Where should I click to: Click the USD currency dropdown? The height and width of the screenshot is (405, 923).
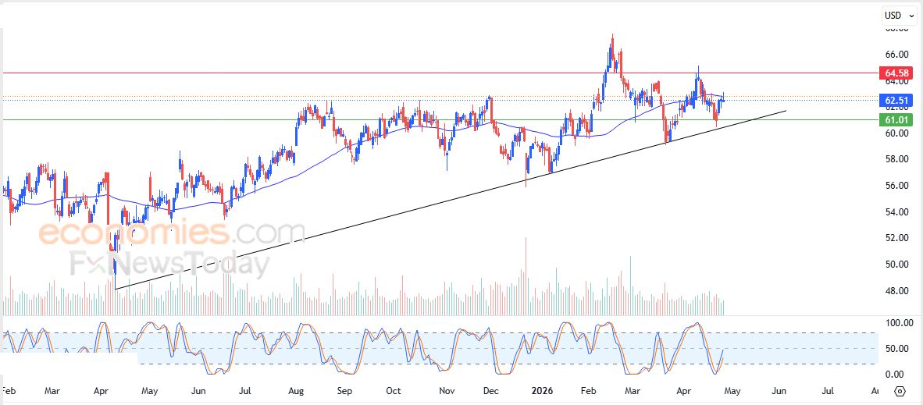click(x=899, y=15)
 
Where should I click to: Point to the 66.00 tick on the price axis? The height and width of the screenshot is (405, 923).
click(x=896, y=55)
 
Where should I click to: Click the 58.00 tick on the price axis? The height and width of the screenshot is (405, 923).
click(x=896, y=159)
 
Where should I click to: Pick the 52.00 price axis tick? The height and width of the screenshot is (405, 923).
click(x=896, y=238)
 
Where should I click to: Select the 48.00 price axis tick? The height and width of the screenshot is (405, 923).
click(x=896, y=291)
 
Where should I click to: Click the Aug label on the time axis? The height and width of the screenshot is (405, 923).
click(x=296, y=390)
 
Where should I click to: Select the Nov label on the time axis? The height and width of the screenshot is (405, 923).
click(x=446, y=390)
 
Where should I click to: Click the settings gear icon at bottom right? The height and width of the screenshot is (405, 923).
click(x=900, y=391)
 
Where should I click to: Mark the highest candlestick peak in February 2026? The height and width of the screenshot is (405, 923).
click(x=612, y=35)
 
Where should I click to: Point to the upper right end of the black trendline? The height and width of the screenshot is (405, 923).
click(x=786, y=111)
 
